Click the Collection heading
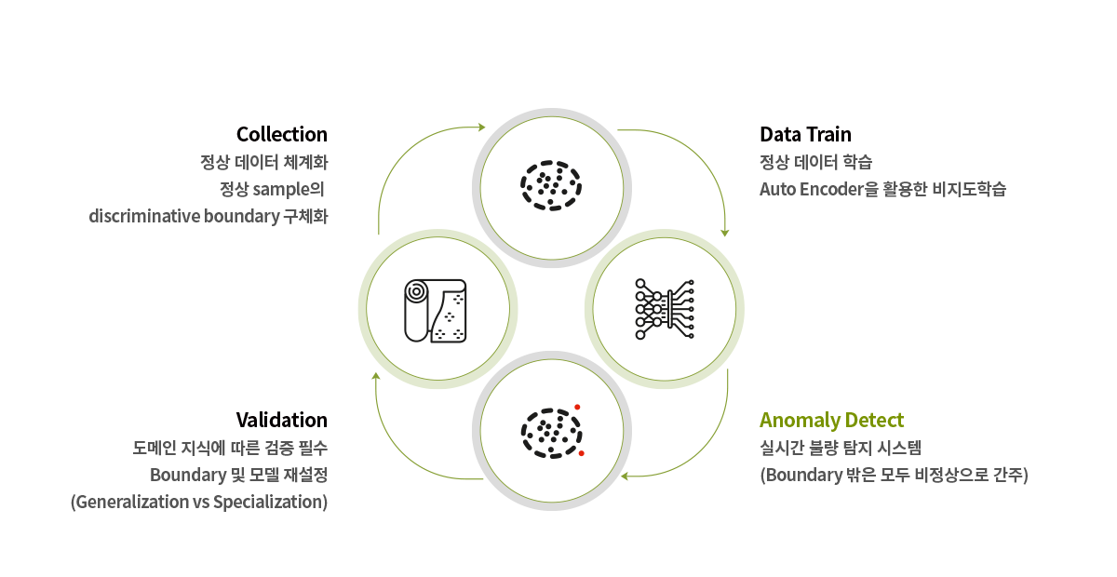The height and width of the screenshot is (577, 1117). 281,134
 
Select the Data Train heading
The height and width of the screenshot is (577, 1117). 805,134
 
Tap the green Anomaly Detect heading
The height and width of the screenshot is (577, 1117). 831,420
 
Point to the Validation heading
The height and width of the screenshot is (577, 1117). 281,420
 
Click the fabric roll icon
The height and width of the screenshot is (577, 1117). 435,310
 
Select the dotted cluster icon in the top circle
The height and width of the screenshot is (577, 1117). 550,183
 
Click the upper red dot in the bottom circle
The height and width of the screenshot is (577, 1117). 577,407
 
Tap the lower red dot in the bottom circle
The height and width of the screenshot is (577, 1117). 581,453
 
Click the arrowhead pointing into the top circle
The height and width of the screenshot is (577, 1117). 481,127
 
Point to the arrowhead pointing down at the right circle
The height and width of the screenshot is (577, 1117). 725,233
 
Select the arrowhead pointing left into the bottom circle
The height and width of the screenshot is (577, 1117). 626,476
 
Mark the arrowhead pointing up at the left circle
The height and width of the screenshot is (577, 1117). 376,377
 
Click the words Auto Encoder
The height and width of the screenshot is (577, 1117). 808,190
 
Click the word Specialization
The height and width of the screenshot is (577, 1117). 269,503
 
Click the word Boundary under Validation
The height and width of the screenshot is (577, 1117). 187,475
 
